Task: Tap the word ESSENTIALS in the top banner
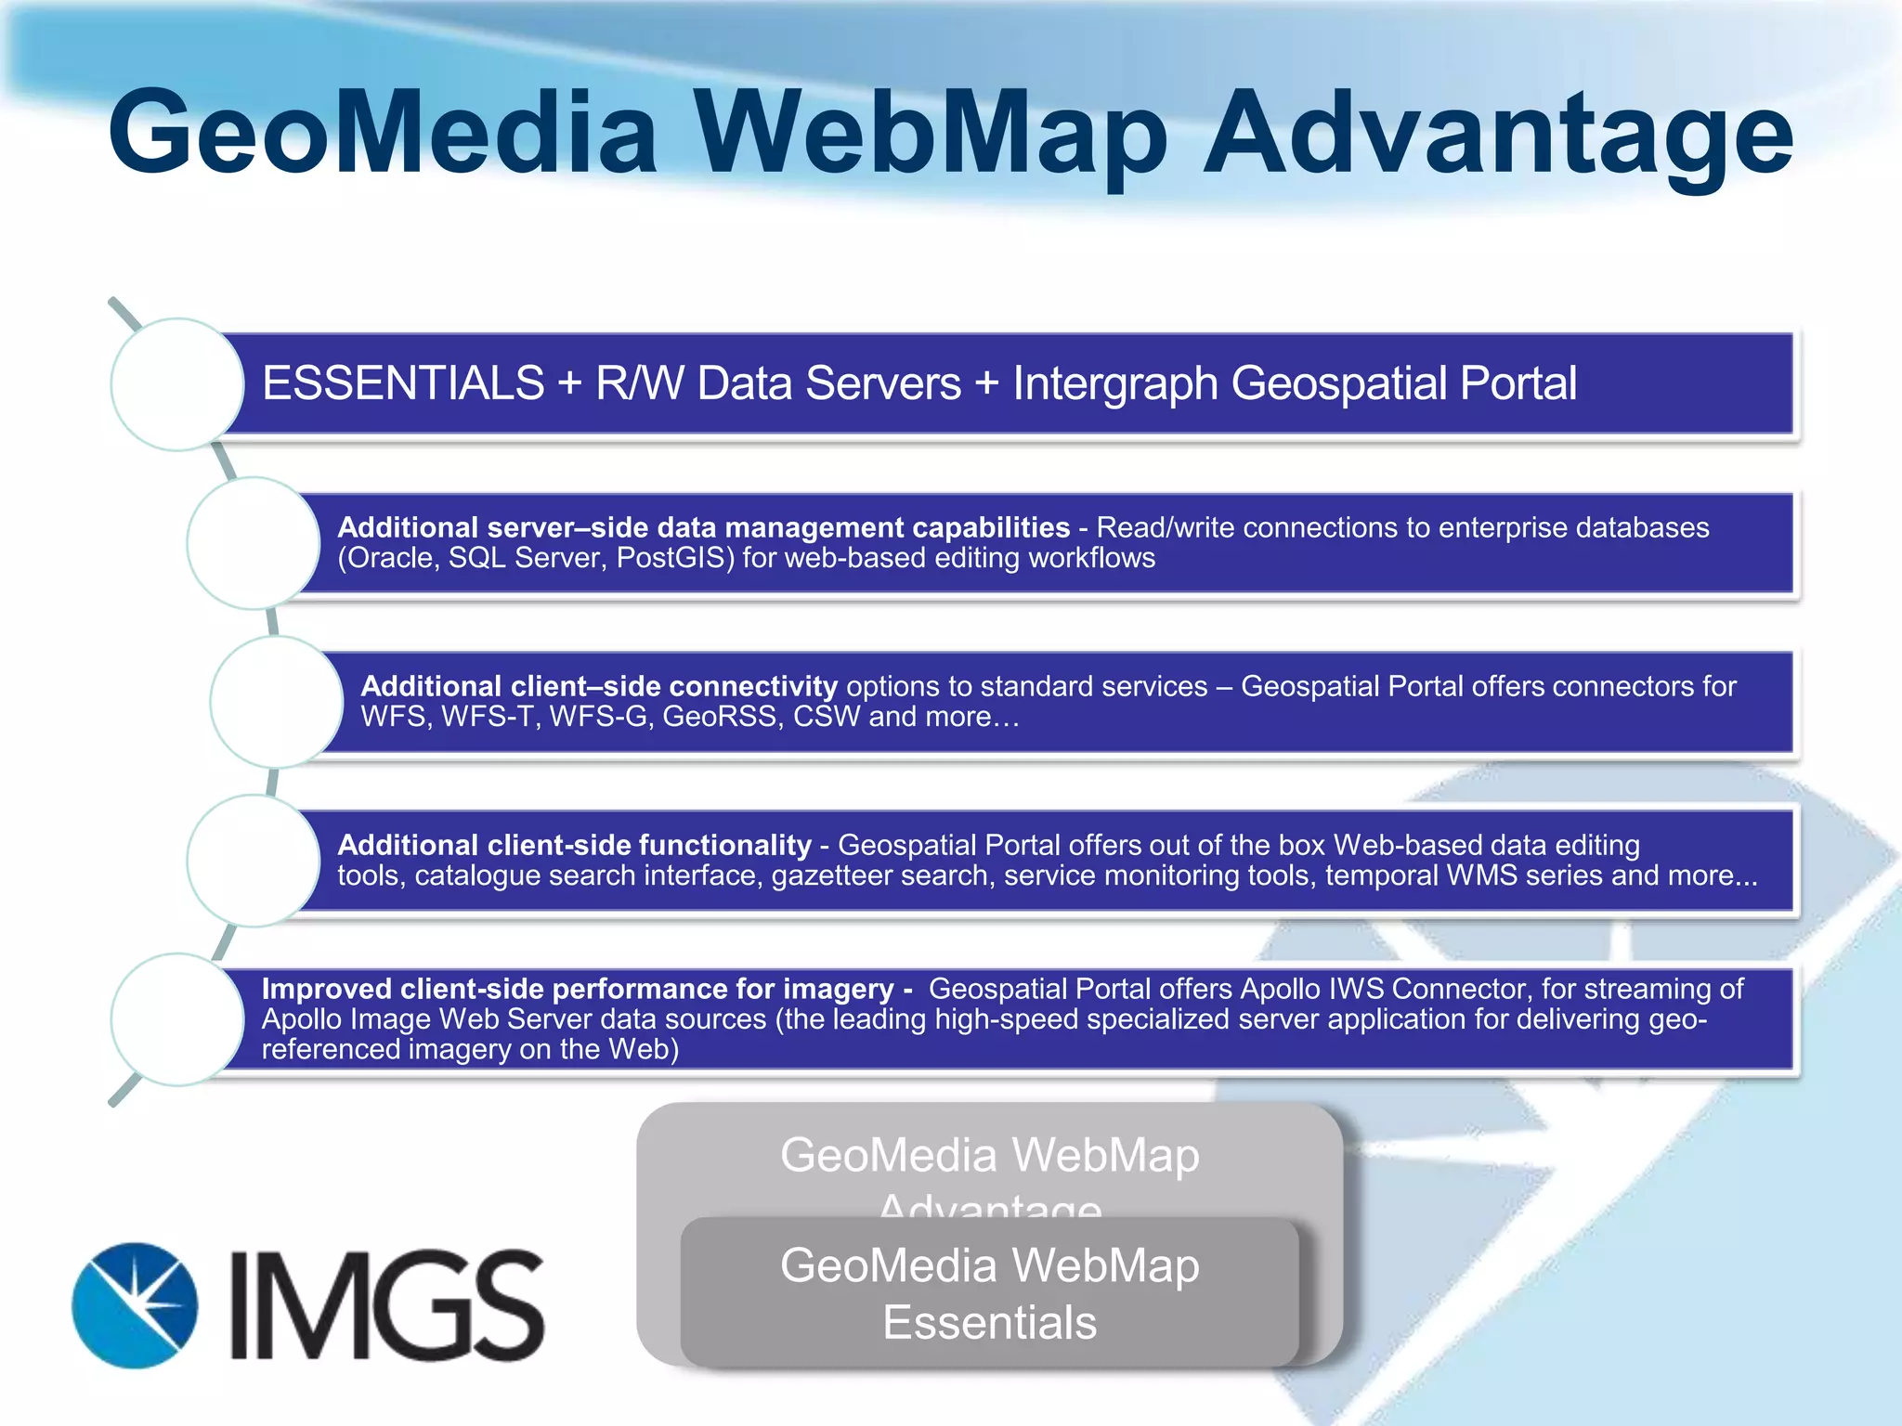[403, 383]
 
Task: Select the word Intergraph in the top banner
[1114, 383]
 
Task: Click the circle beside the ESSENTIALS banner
[177, 384]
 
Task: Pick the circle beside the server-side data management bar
[254, 543]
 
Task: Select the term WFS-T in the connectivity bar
[490, 717]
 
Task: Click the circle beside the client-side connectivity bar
[277, 702]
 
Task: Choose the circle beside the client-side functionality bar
[254, 861]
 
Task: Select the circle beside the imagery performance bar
[177, 1019]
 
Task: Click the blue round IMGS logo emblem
[136, 1305]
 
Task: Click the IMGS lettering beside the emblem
[386, 1305]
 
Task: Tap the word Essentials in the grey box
[989, 1323]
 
